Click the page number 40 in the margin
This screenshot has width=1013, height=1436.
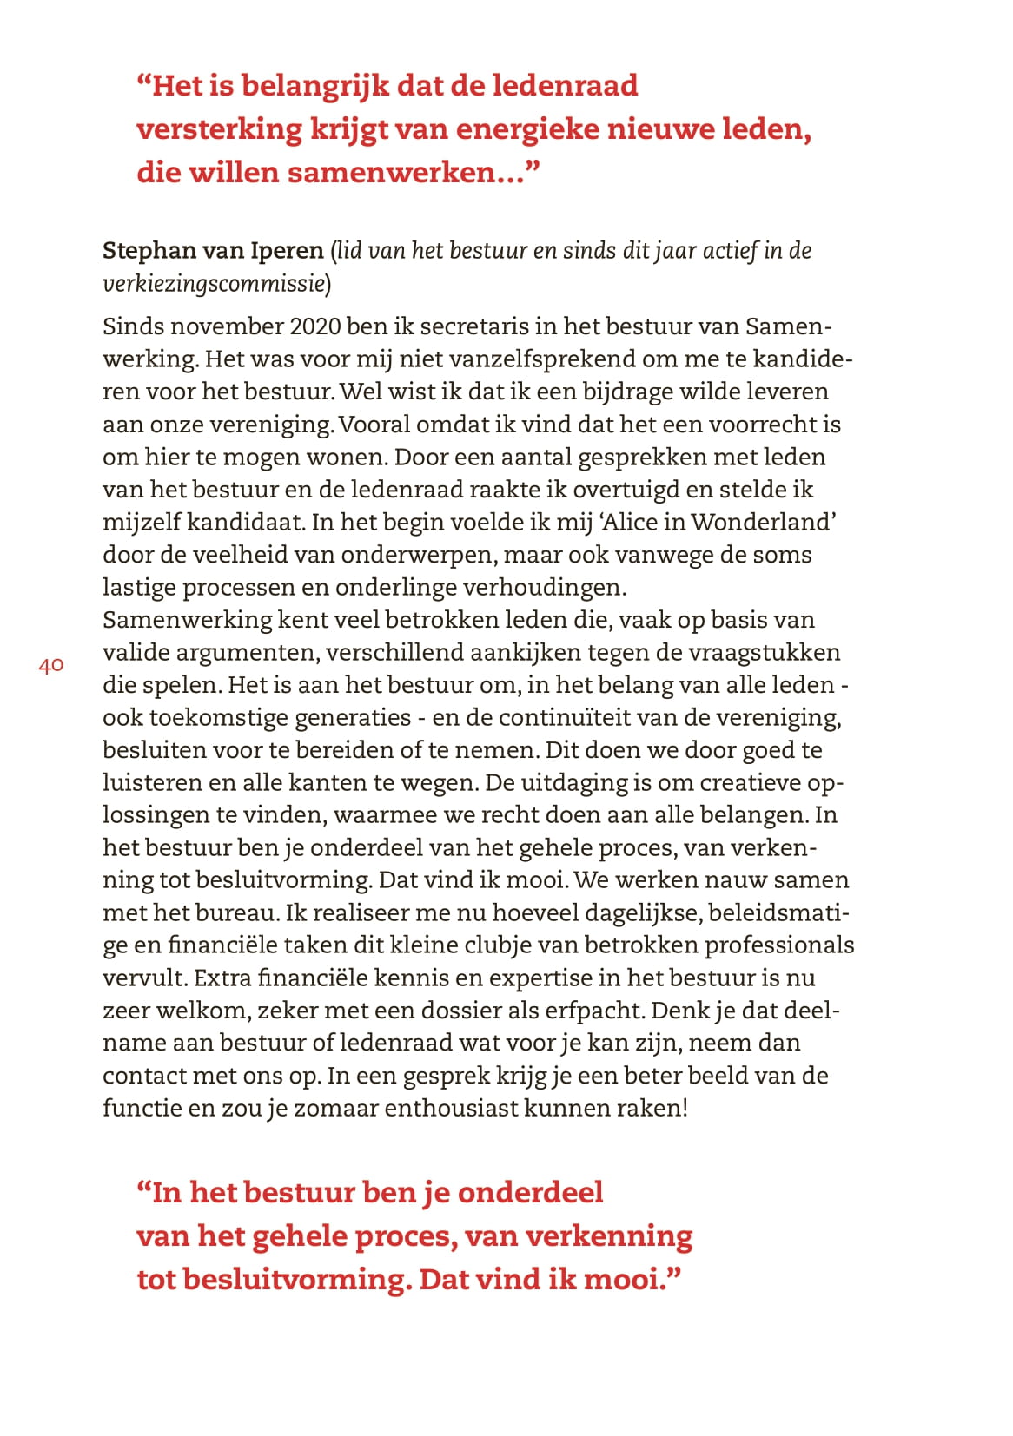pos(51,666)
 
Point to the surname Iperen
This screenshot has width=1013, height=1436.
pos(287,251)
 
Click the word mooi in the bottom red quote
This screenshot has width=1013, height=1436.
pos(631,1280)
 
